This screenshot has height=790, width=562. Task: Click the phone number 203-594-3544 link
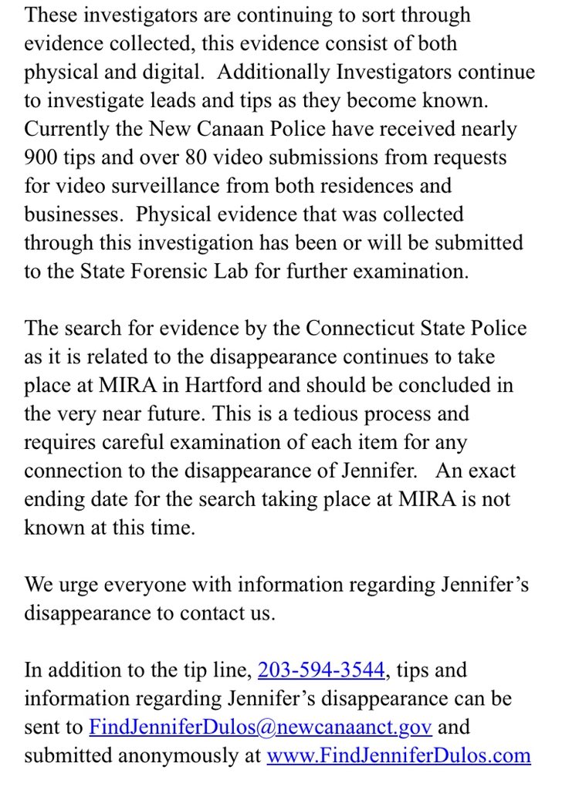[321, 669]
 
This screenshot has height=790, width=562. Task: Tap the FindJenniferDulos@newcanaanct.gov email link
[260, 726]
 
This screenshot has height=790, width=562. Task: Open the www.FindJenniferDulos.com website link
[398, 755]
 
